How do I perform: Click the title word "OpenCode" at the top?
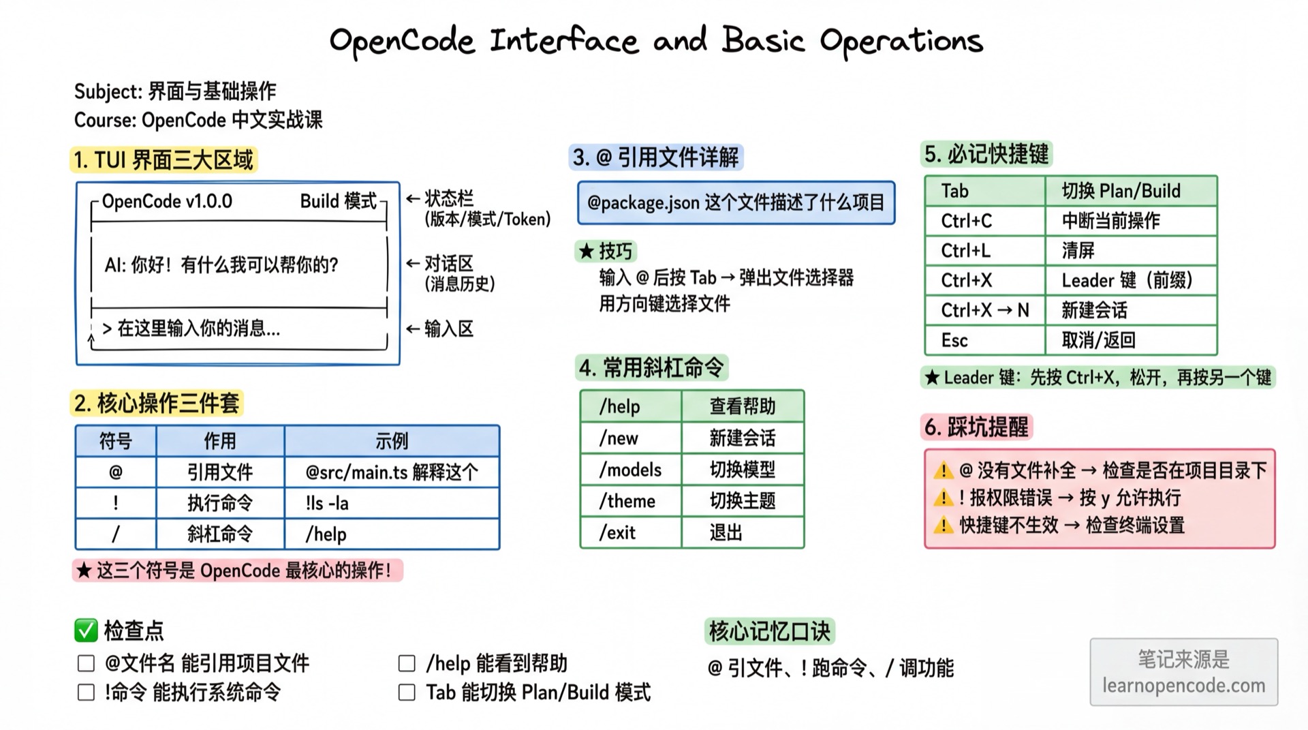click(x=402, y=41)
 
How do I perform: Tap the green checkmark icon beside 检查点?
click(x=86, y=630)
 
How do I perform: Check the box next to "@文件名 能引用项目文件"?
click(x=86, y=663)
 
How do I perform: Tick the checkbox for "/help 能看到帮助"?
click(x=407, y=663)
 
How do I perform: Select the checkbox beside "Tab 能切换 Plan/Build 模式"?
click(x=407, y=693)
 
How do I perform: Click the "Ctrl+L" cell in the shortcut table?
click(x=984, y=251)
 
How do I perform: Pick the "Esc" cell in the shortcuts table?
click(x=984, y=340)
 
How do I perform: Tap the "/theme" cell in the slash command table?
click(x=630, y=501)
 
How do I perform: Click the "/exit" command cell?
click(x=630, y=532)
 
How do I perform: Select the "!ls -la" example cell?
click(x=391, y=503)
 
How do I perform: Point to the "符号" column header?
click(x=116, y=441)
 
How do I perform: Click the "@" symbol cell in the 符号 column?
click(x=116, y=472)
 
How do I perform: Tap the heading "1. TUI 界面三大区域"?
click(x=163, y=160)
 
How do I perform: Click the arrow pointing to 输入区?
click(x=413, y=329)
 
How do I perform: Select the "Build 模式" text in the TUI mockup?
click(x=339, y=201)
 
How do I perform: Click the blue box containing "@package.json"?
click(x=736, y=202)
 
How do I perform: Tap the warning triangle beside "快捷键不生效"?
click(x=944, y=525)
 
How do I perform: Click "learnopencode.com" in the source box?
click(x=1183, y=686)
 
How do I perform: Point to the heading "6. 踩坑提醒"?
click(x=976, y=427)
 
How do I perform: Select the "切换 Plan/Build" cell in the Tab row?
click(x=1130, y=191)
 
